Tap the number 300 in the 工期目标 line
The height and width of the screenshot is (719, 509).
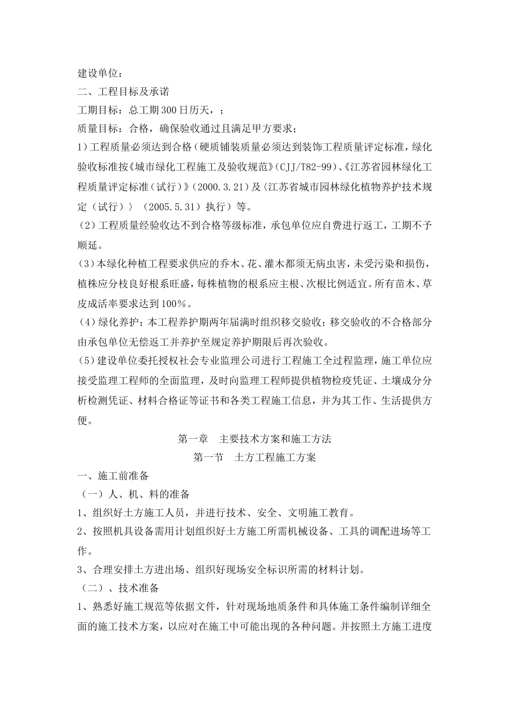tap(170, 110)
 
